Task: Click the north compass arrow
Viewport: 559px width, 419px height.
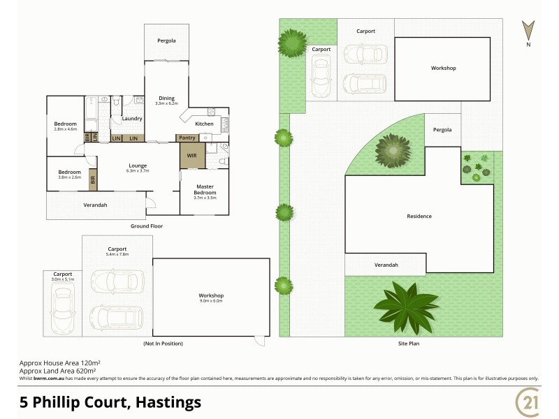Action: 529,31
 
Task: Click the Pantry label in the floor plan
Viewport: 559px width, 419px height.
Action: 187,138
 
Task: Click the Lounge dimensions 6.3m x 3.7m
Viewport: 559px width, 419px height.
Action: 138,171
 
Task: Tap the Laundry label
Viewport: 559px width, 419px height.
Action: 132,119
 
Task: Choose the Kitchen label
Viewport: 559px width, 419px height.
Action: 204,124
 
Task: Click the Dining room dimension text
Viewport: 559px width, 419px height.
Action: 166,103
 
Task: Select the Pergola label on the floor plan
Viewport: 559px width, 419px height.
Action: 166,41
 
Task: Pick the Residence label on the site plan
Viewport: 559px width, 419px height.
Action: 419,216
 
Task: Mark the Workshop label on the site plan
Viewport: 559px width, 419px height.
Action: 443,68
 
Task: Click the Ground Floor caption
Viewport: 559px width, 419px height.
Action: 147,226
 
